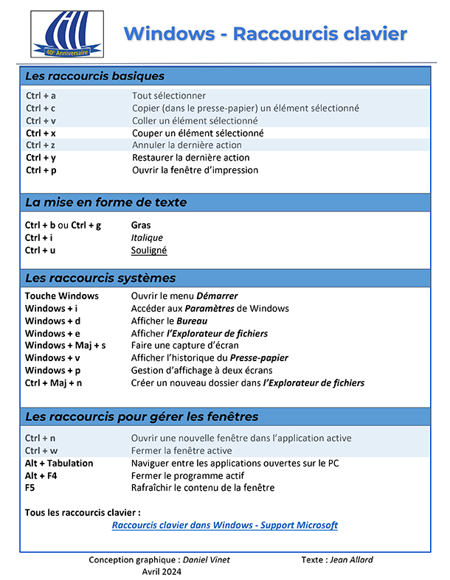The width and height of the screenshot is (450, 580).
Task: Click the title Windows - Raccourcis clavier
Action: (265, 33)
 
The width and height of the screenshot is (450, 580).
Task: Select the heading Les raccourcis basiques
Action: (94, 76)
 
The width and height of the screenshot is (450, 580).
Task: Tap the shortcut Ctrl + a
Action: (41, 96)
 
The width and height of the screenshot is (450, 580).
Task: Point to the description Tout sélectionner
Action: (169, 96)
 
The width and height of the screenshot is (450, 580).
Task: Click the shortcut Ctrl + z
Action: (41, 145)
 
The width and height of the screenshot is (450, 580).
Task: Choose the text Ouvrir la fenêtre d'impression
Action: (195, 170)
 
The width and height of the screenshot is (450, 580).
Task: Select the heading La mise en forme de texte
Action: (105, 202)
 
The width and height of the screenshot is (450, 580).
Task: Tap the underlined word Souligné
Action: (149, 251)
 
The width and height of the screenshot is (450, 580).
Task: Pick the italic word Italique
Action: (147, 238)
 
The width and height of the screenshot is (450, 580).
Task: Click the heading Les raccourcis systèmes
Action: (100, 278)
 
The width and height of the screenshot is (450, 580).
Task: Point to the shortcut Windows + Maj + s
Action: (66, 346)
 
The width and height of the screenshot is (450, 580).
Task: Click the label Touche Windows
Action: (62, 296)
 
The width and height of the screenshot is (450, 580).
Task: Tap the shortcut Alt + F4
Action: (43, 476)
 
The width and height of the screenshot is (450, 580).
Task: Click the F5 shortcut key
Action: (30, 488)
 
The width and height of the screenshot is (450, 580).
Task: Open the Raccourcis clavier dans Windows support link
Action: (224, 525)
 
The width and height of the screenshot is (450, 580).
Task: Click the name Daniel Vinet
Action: (206, 560)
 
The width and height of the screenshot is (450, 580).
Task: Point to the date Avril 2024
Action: (162, 572)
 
